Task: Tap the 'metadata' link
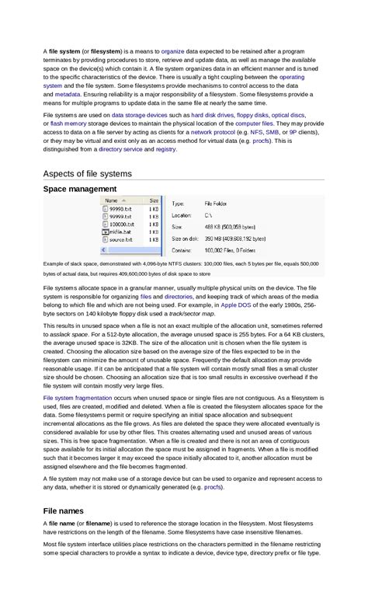coord(68,93)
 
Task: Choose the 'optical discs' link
coord(288,114)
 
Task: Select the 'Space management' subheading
coord(80,189)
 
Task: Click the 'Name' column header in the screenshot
coord(112,200)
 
